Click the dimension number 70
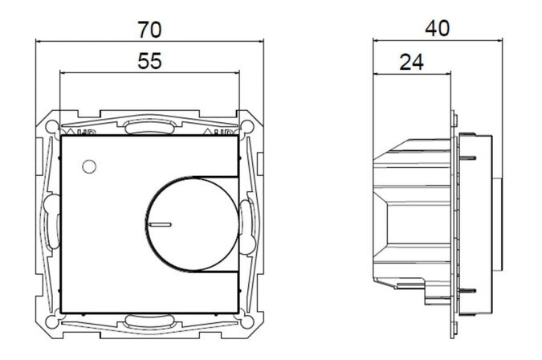click(x=149, y=30)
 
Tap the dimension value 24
click(x=410, y=62)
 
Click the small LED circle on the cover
click(x=88, y=166)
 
